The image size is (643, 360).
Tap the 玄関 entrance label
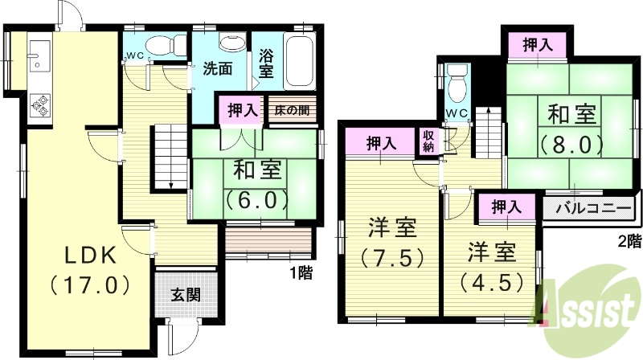click(x=184, y=294)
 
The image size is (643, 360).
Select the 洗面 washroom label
click(x=217, y=69)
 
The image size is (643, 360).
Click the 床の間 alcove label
click(x=293, y=110)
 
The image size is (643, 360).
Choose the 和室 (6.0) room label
click(x=257, y=184)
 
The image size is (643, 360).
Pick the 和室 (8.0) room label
click(x=572, y=130)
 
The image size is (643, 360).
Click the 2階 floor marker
click(x=629, y=240)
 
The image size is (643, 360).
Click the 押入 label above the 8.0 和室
click(x=537, y=46)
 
